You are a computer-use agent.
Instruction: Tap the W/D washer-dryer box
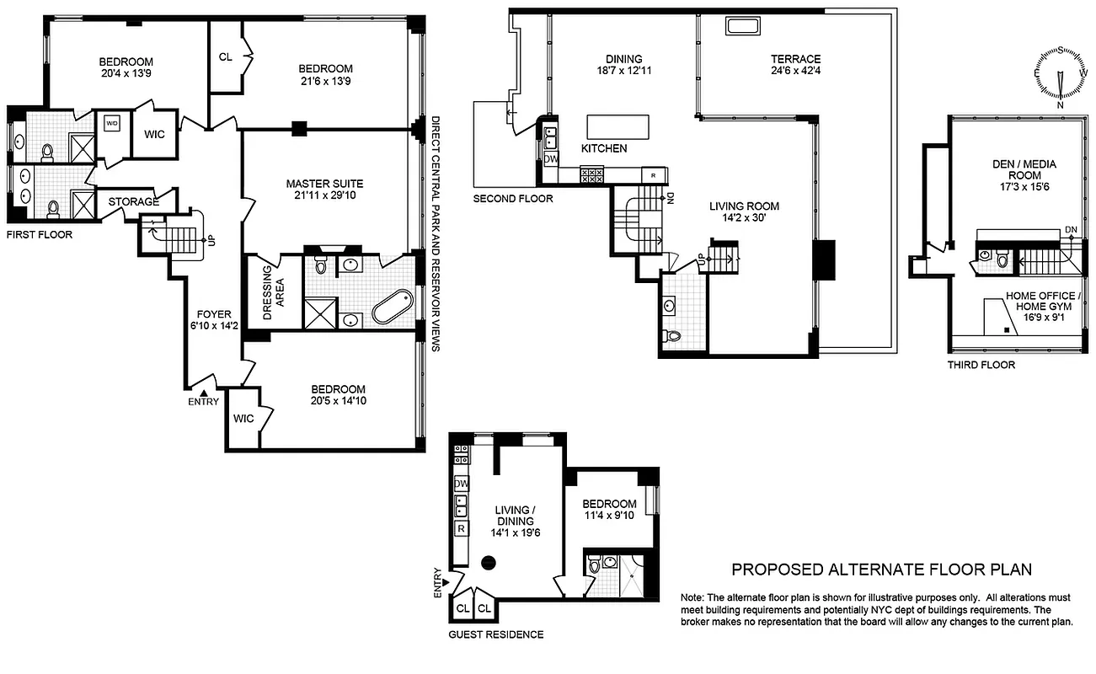pos(112,124)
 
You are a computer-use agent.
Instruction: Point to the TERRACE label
pos(795,59)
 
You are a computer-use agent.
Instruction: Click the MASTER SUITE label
pos(324,184)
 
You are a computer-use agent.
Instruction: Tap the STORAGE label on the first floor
pos(133,202)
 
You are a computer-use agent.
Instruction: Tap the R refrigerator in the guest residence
pos(462,529)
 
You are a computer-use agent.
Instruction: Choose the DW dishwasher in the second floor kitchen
pos(549,158)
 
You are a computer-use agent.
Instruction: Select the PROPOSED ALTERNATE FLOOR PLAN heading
pos(881,570)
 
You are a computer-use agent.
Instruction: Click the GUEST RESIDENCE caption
pos(495,634)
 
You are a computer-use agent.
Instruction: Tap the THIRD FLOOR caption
pos(981,365)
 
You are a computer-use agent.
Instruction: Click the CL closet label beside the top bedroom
pos(225,57)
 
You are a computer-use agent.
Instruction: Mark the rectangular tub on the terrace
pos(742,27)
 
